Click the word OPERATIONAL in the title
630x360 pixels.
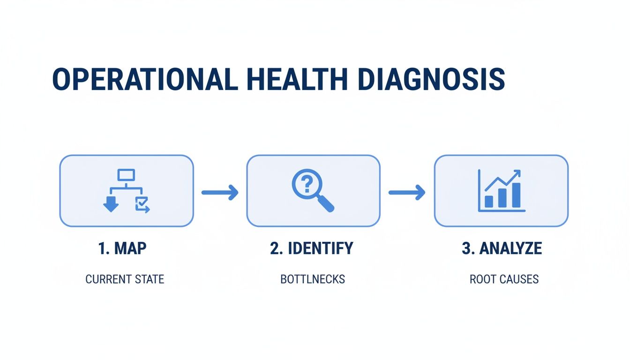coord(141,80)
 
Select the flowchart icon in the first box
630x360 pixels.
coord(126,191)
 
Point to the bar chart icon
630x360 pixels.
coord(501,191)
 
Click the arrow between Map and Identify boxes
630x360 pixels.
coord(220,192)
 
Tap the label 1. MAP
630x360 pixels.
coord(122,248)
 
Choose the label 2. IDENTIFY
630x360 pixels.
coord(312,248)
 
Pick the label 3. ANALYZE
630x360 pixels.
coord(502,248)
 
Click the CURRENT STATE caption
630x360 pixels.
coord(125,279)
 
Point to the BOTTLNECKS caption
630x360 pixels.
coord(313,279)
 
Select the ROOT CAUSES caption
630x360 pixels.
coord(504,279)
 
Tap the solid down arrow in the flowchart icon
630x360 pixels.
coord(111,205)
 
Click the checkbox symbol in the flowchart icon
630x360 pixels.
coord(142,204)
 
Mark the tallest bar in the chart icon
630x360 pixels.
coord(516,195)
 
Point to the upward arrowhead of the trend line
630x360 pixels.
coord(517,173)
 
